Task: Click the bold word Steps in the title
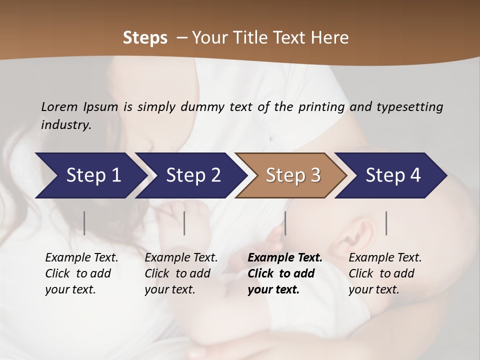[145, 38]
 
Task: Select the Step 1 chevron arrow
[90, 175]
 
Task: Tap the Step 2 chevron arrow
[190, 175]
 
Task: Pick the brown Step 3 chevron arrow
[290, 175]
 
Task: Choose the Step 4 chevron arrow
[390, 175]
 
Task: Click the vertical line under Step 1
[84, 223]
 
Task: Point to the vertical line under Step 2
[184, 223]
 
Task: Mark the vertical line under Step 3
[285, 223]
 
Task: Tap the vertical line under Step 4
[386, 223]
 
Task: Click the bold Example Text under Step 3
[285, 258]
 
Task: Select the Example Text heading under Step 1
[81, 258]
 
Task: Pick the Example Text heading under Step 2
[181, 258]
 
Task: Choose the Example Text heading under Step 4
[385, 258]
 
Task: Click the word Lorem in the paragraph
[59, 106]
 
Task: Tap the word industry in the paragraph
[65, 125]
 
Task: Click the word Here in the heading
[330, 38]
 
